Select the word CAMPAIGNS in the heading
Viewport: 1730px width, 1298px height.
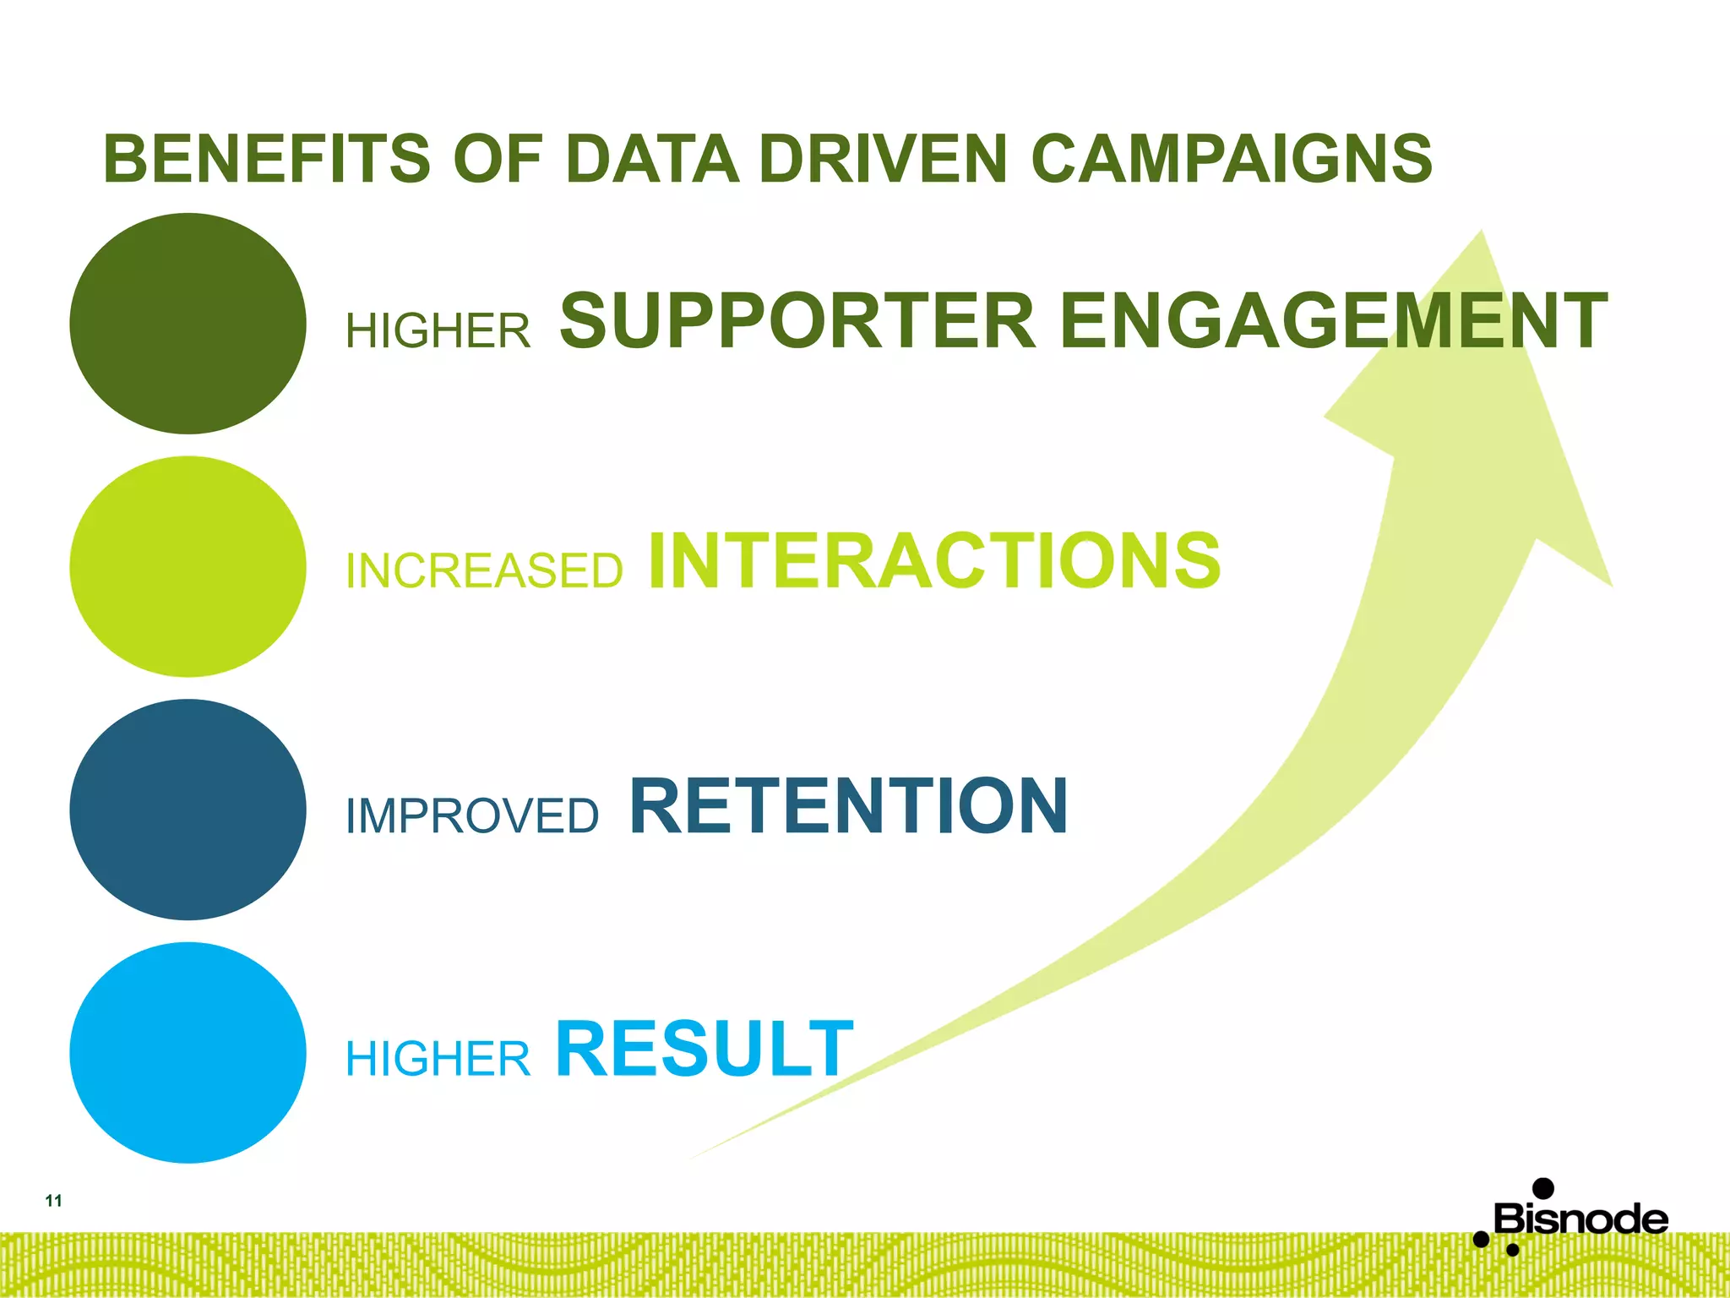(1231, 159)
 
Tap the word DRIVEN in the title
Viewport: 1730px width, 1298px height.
(883, 159)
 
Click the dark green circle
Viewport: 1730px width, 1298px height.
(188, 324)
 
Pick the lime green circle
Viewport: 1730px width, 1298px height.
(188, 566)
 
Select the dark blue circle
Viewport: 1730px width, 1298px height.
(188, 810)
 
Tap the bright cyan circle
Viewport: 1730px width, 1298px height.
(188, 1053)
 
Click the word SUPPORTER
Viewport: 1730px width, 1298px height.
(797, 320)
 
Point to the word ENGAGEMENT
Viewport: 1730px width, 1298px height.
(1333, 320)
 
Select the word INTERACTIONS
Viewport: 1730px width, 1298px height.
(934, 561)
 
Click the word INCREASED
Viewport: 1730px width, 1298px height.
(484, 570)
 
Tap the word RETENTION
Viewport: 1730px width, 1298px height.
(848, 806)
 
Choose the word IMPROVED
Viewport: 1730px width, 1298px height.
(472, 816)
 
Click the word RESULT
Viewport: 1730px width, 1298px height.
(704, 1049)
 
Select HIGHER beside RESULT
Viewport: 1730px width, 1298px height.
(438, 1059)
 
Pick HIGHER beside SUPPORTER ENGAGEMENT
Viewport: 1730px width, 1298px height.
(438, 330)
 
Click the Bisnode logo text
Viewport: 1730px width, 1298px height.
(1580, 1219)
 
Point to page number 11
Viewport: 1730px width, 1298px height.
(53, 1201)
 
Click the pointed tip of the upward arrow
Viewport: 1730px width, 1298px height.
(1480, 234)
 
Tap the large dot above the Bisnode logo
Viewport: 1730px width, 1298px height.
(1542, 1189)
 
